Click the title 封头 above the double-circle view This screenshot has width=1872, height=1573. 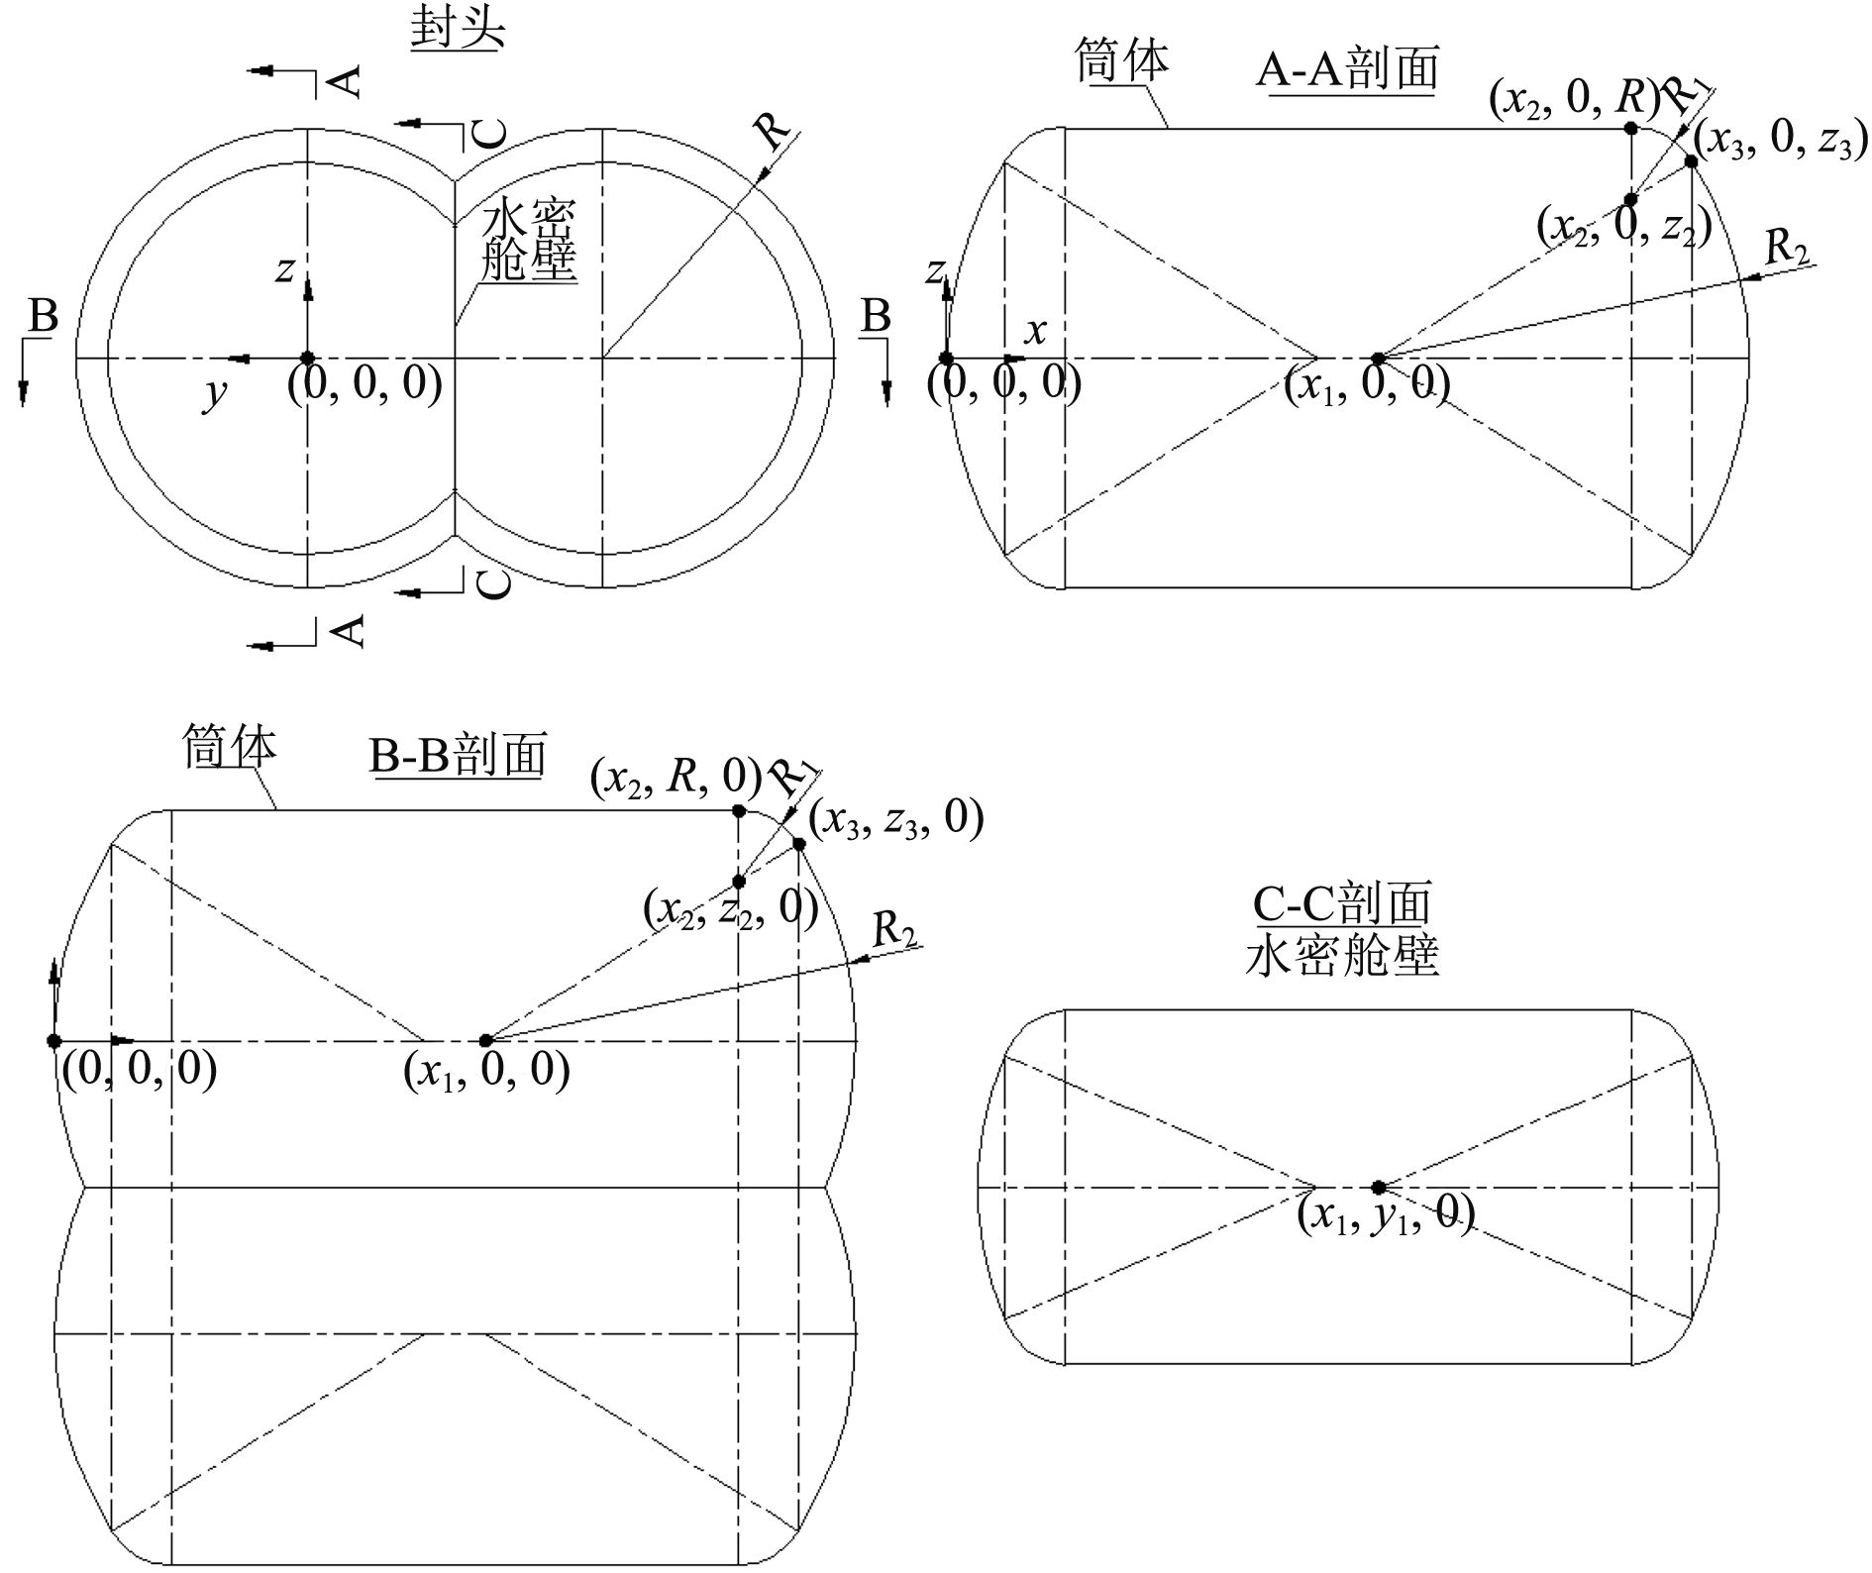[x=458, y=29]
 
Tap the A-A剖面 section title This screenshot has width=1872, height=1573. [x=1347, y=69]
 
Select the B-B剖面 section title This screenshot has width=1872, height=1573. [x=458, y=755]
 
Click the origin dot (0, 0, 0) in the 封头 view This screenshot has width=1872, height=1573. [x=308, y=358]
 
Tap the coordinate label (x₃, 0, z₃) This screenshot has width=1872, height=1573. [x=1780, y=142]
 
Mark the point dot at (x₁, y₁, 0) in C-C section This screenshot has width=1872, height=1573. [x=1378, y=1187]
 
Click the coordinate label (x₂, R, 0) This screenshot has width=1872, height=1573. [x=676, y=777]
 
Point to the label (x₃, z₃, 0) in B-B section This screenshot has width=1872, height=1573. [x=895, y=819]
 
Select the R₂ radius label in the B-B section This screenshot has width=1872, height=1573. [x=893, y=929]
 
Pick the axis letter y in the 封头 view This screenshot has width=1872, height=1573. [x=214, y=393]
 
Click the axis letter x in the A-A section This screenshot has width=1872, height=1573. [x=1035, y=332]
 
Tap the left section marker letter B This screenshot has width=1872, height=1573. [x=43, y=317]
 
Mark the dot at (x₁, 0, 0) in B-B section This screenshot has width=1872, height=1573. [x=485, y=1040]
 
